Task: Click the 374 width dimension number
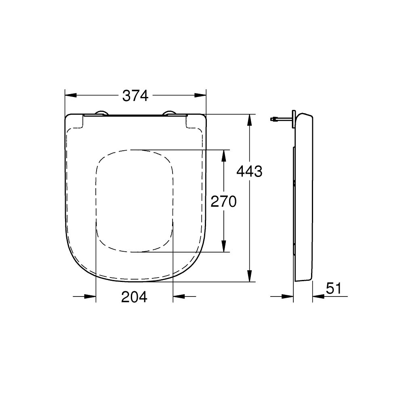point(135,96)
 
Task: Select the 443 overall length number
point(249,172)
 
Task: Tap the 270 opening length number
point(223,201)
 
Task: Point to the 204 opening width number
point(135,297)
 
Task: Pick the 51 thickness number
point(334,288)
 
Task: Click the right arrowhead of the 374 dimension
point(200,95)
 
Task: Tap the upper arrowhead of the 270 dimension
point(223,155)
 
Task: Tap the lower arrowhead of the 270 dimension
point(223,246)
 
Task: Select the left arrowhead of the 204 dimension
point(91,297)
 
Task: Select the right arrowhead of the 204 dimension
point(178,297)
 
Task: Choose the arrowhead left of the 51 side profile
point(288,297)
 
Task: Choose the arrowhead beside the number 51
point(318,297)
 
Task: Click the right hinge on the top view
point(170,113)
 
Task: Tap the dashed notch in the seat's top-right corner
point(193,123)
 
